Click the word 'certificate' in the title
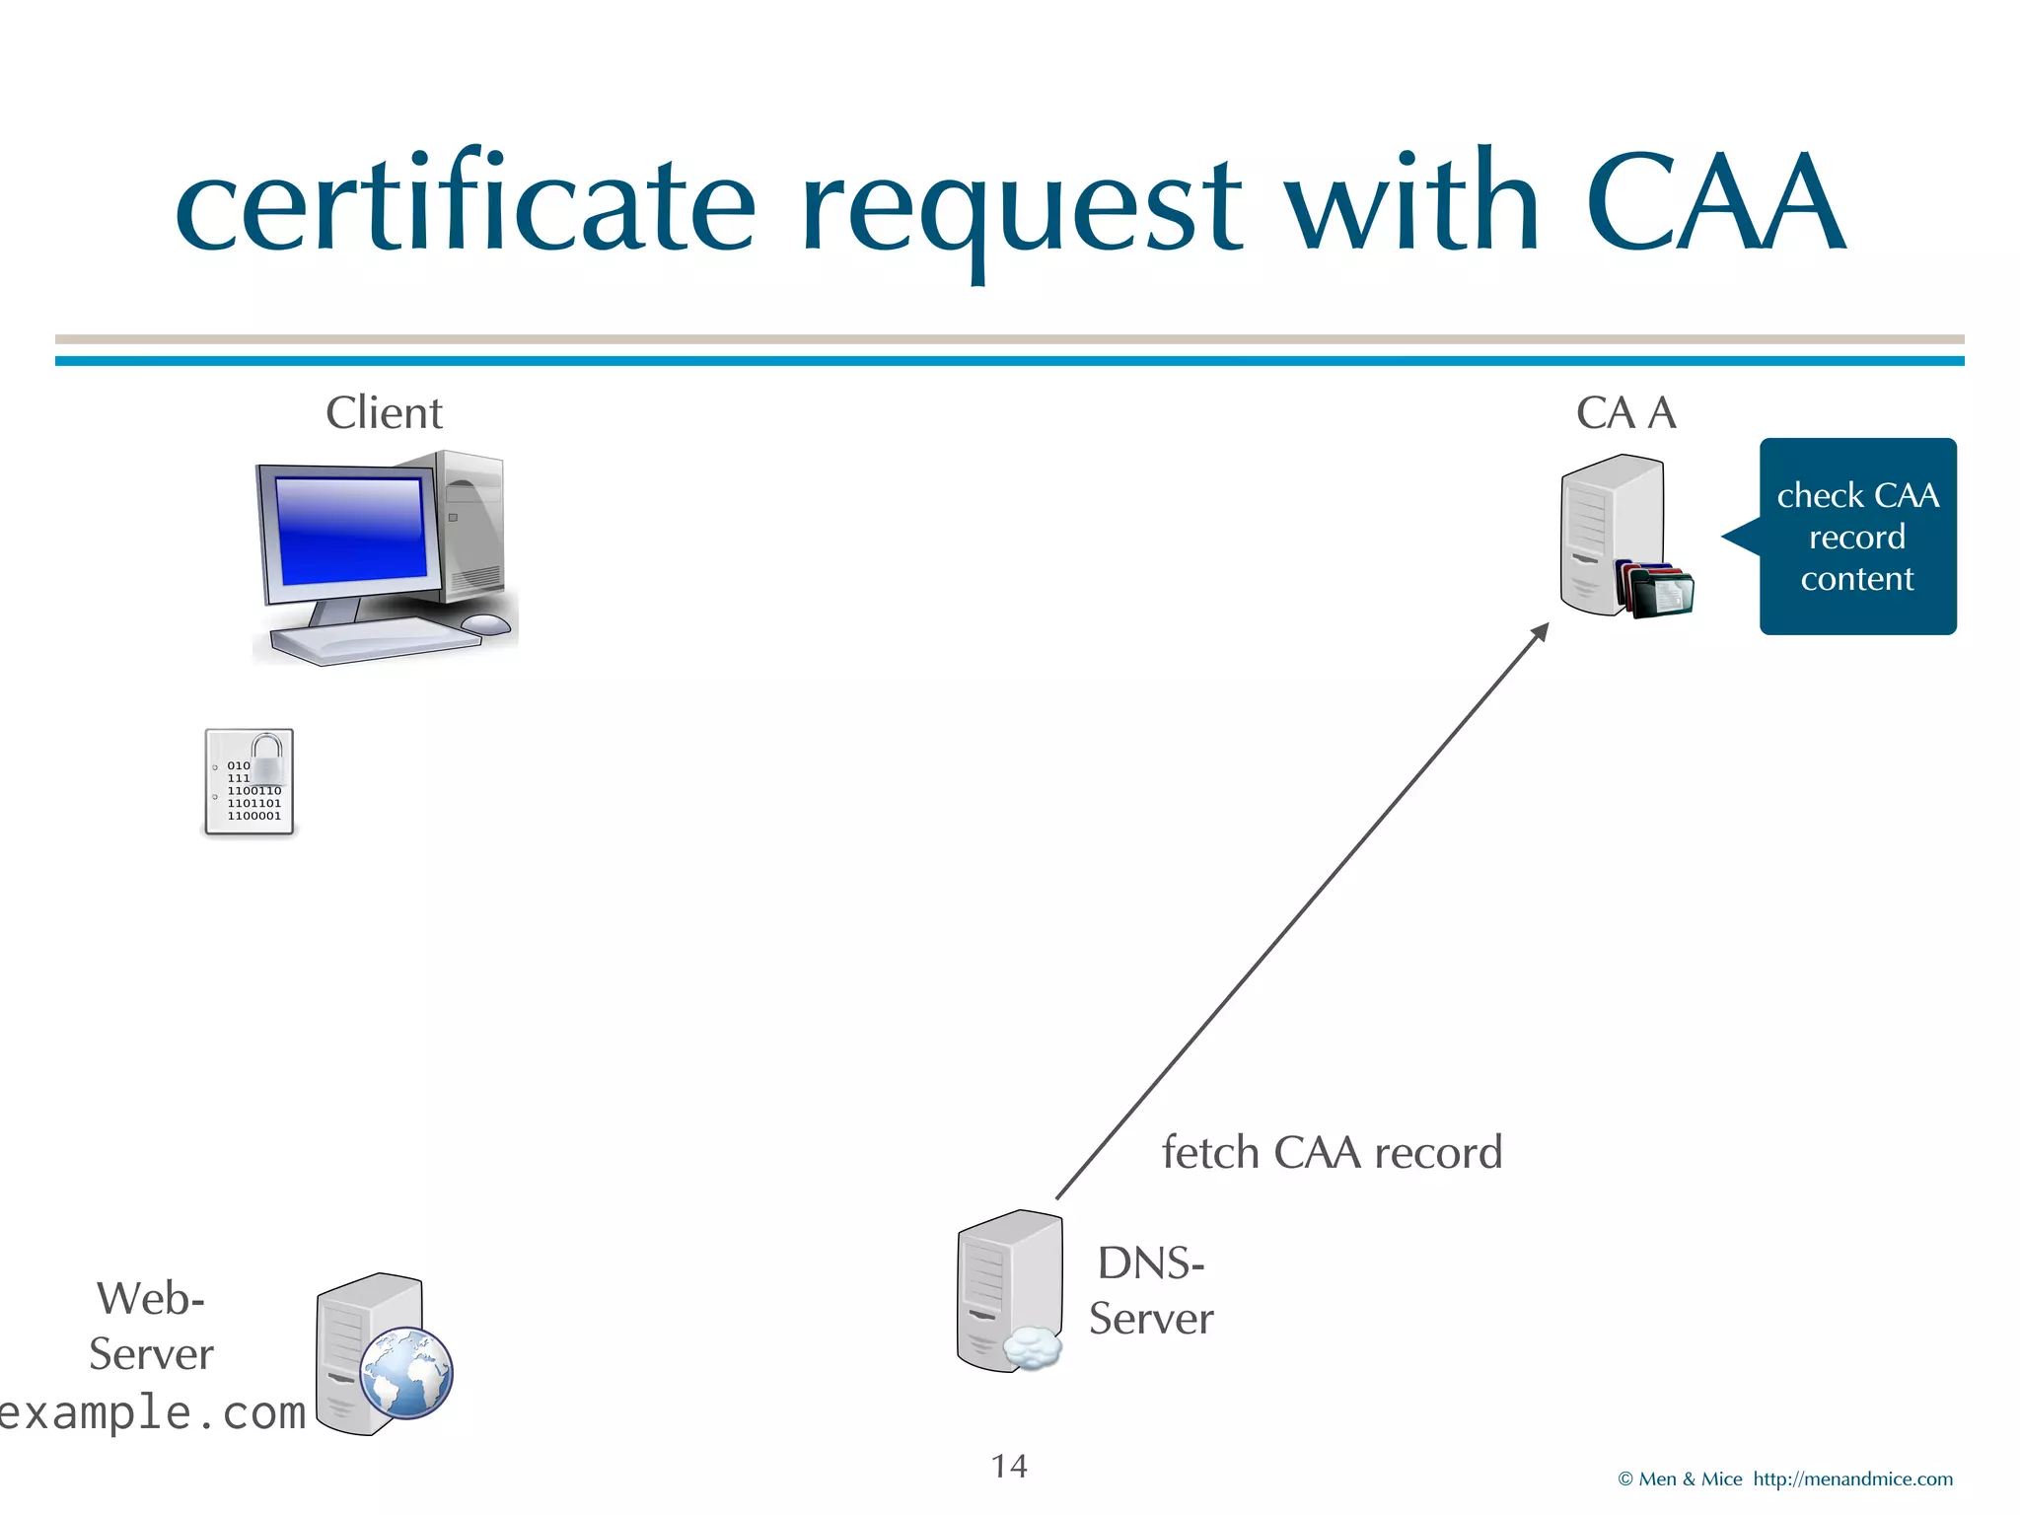(465, 202)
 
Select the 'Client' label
(384, 412)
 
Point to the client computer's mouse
(485, 623)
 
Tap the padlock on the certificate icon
(267, 757)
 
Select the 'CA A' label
(1625, 412)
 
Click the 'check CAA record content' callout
(1857, 537)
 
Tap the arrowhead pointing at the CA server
(1540, 632)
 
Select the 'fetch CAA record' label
(1332, 1152)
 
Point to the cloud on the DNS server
(1032, 1348)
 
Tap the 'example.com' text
(153, 1412)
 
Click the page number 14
(1009, 1466)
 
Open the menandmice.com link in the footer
(1852, 1479)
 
